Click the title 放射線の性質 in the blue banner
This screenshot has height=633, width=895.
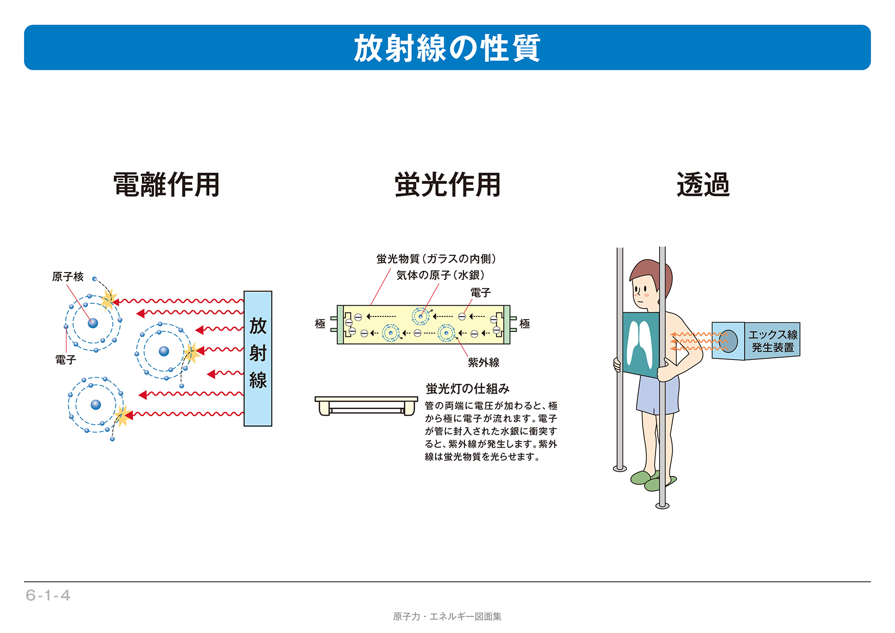[447, 48]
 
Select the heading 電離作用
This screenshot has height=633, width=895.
[166, 184]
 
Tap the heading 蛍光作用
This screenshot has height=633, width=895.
[448, 184]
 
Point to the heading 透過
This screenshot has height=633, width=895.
[703, 184]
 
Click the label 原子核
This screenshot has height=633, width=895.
[67, 277]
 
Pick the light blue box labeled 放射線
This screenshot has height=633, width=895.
[258, 358]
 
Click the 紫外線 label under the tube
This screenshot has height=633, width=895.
[483, 362]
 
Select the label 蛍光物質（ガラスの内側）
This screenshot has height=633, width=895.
[436, 259]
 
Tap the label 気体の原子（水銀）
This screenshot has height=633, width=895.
[440, 275]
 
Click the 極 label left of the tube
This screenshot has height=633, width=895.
[320, 324]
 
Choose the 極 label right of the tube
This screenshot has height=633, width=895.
[525, 324]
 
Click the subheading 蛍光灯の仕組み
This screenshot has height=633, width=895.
[467, 389]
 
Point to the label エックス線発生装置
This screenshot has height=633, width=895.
[773, 341]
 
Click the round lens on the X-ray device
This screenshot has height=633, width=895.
[729, 341]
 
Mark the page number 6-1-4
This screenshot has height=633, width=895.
[48, 595]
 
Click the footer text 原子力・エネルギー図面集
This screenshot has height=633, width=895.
[447, 617]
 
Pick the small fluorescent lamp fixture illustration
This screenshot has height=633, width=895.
[366, 406]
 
